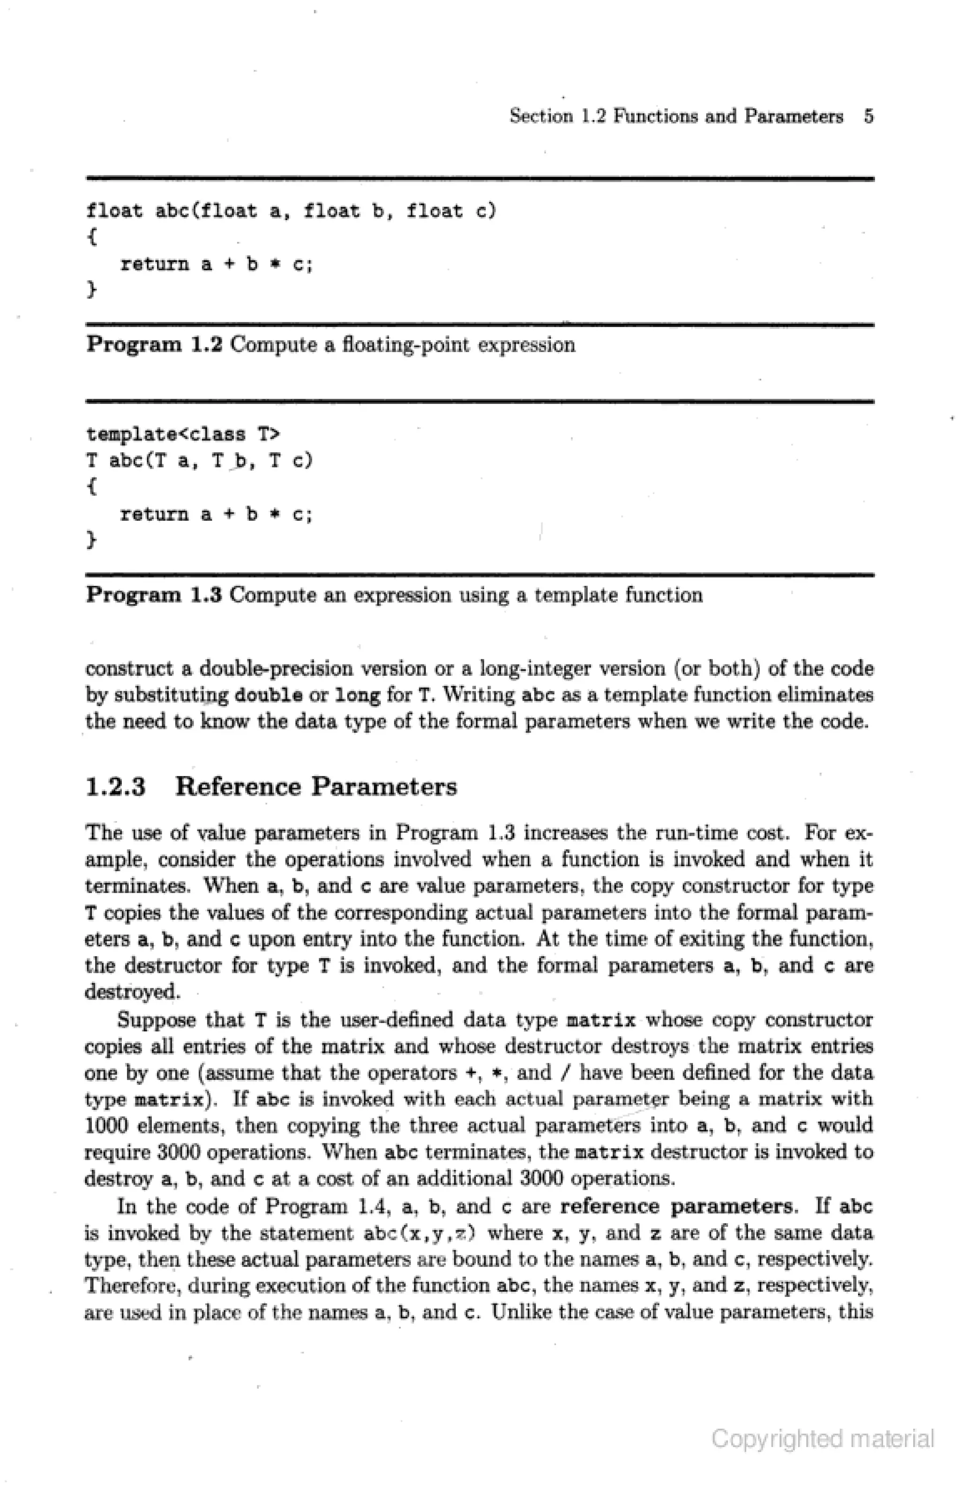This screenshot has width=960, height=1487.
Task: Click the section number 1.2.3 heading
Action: pos(115,787)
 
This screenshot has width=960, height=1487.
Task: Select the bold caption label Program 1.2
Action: pos(154,344)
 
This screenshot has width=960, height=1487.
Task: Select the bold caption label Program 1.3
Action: pos(154,595)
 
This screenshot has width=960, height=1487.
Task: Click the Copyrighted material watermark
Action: pos(823,1439)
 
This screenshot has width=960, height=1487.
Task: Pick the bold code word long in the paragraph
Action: pos(358,695)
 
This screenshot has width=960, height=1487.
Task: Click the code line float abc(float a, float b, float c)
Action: pos(291,212)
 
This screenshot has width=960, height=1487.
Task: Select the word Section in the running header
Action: pos(541,117)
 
